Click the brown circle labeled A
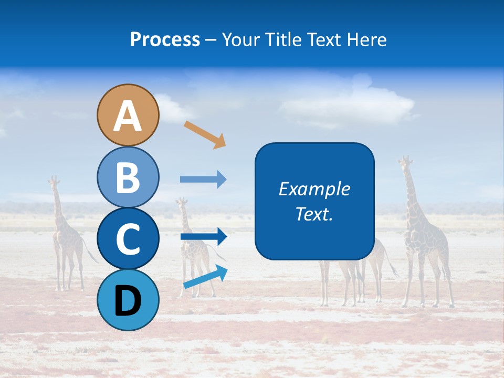(128, 115)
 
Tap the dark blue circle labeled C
(128, 238)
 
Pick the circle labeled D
(128, 300)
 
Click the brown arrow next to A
(205, 134)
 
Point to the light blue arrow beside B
(203, 180)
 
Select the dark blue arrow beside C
(203, 237)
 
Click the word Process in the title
(165, 39)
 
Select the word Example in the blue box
(314, 189)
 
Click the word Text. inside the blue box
(314, 214)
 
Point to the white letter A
(128, 116)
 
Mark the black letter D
(128, 301)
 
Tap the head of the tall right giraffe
(405, 162)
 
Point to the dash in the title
(211, 39)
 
